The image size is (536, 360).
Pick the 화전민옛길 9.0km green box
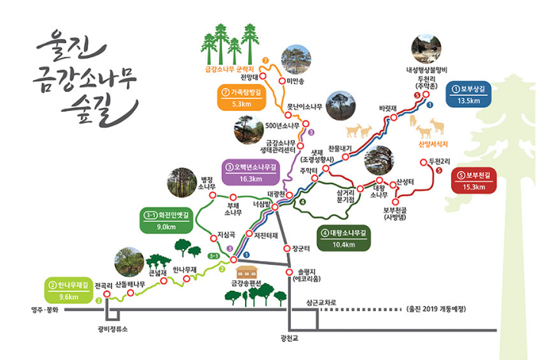(x=167, y=221)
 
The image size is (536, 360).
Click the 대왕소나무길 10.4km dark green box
(x=345, y=239)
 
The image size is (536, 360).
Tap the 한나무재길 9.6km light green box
(x=68, y=290)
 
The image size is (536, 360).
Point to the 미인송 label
(x=295, y=80)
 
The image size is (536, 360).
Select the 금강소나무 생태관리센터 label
(x=281, y=146)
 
